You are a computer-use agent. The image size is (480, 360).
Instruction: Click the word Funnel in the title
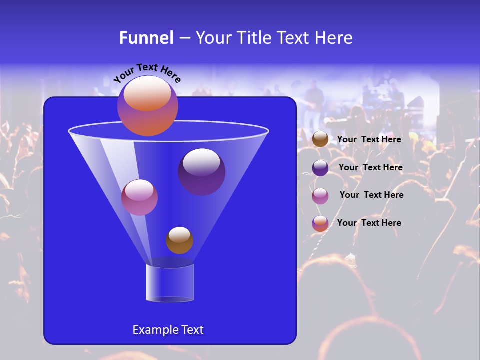146,38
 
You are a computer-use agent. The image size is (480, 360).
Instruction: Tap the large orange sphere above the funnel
148,106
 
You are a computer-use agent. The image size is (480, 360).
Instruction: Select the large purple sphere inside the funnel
202,172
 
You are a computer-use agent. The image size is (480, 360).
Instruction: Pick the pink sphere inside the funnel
139,197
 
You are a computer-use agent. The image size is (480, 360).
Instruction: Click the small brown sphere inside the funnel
179,240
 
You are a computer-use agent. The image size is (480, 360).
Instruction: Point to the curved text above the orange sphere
147,73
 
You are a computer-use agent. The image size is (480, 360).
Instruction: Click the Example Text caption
168,330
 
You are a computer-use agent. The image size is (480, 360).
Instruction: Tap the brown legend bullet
320,139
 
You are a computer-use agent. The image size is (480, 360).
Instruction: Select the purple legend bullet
320,168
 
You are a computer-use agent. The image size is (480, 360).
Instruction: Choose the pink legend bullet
320,196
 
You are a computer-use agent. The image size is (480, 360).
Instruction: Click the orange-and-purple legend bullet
320,223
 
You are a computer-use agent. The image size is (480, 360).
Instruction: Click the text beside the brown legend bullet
369,140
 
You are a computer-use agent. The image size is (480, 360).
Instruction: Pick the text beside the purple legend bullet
370,168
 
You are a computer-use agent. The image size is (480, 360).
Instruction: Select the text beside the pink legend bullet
371,195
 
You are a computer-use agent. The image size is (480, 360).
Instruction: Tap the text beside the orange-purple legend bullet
369,223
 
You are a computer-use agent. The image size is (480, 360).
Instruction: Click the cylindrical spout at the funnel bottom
170,283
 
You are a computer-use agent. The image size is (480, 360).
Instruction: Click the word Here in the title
333,38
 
